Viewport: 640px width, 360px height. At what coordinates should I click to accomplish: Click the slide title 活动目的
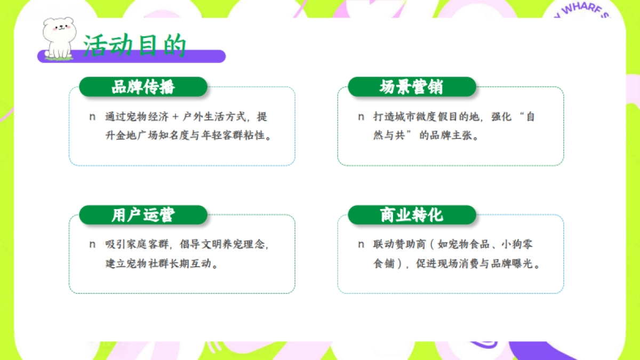(x=135, y=46)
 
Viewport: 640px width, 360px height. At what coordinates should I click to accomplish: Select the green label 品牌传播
(x=143, y=87)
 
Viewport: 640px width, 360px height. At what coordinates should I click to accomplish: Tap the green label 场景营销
(x=411, y=87)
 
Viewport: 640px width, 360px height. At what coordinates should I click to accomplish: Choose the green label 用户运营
(x=143, y=215)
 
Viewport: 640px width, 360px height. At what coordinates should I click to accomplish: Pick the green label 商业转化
(x=411, y=215)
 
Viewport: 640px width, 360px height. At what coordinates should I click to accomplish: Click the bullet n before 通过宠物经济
(x=92, y=117)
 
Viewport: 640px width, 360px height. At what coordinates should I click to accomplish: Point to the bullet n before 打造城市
(x=361, y=117)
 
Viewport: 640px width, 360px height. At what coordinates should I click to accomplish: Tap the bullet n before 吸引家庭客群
(x=92, y=244)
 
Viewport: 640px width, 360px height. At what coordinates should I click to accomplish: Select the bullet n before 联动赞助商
(x=361, y=244)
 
